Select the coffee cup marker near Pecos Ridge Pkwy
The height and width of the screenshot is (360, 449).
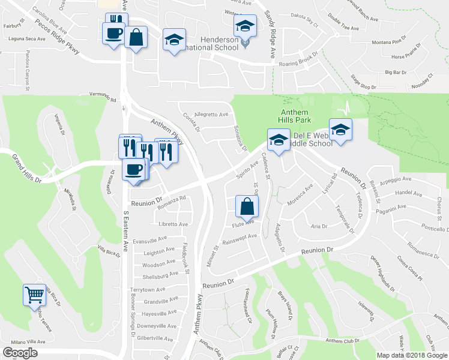point(113,33)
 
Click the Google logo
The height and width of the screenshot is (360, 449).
point(20,353)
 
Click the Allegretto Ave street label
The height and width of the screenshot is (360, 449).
point(211,114)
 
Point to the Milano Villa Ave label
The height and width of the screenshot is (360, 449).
point(28,341)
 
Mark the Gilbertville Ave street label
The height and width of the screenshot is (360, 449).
point(155,338)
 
